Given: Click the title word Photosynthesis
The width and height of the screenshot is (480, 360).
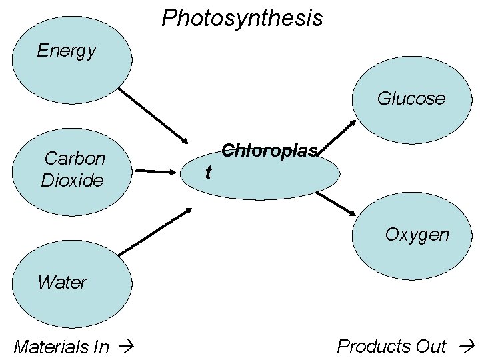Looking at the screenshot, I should (x=242, y=18).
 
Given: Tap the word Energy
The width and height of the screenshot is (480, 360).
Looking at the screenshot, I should (x=67, y=51).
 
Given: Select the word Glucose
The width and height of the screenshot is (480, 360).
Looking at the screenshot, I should (x=411, y=99).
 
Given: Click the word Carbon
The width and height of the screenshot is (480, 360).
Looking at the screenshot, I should (x=75, y=159).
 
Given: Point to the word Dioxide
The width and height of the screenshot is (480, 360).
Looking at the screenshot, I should (x=72, y=180).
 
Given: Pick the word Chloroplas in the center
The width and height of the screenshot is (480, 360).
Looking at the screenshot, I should (x=269, y=151).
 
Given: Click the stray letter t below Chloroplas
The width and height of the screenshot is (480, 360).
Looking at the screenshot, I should (x=209, y=173).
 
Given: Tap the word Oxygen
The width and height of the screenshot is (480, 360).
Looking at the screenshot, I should (x=417, y=235).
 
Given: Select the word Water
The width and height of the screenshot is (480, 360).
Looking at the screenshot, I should (x=62, y=282).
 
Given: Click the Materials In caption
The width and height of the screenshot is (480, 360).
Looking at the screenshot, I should (x=61, y=347).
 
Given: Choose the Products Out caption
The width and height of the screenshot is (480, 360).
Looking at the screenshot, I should (x=391, y=346).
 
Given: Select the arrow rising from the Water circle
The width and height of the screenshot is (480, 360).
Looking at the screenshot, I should (x=155, y=232).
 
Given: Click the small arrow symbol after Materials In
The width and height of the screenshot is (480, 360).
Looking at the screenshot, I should (x=124, y=347).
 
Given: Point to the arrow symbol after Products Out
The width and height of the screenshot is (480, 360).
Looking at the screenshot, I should (x=467, y=346).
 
